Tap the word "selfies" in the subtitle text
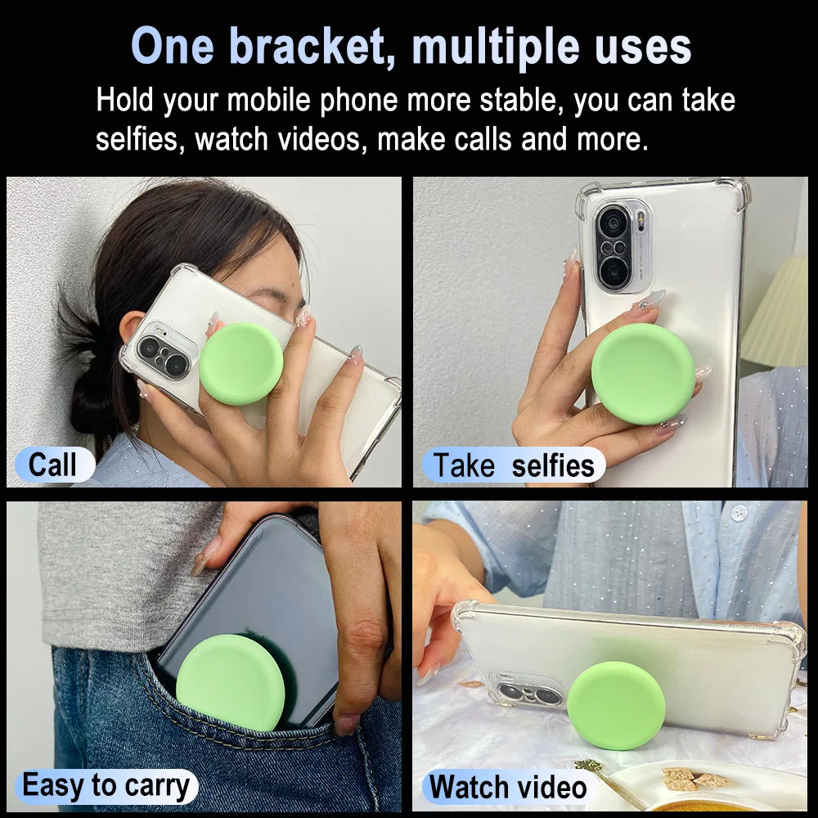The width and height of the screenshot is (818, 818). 137,139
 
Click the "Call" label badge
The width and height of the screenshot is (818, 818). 55,465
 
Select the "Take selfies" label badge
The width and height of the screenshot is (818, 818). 514,465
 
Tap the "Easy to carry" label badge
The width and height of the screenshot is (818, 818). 106,786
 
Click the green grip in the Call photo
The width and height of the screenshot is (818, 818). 241,364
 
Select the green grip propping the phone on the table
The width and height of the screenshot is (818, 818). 616,705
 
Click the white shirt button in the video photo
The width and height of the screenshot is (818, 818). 738,513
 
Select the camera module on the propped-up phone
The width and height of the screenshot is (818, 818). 528,691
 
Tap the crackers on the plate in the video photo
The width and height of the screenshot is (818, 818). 691,779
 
